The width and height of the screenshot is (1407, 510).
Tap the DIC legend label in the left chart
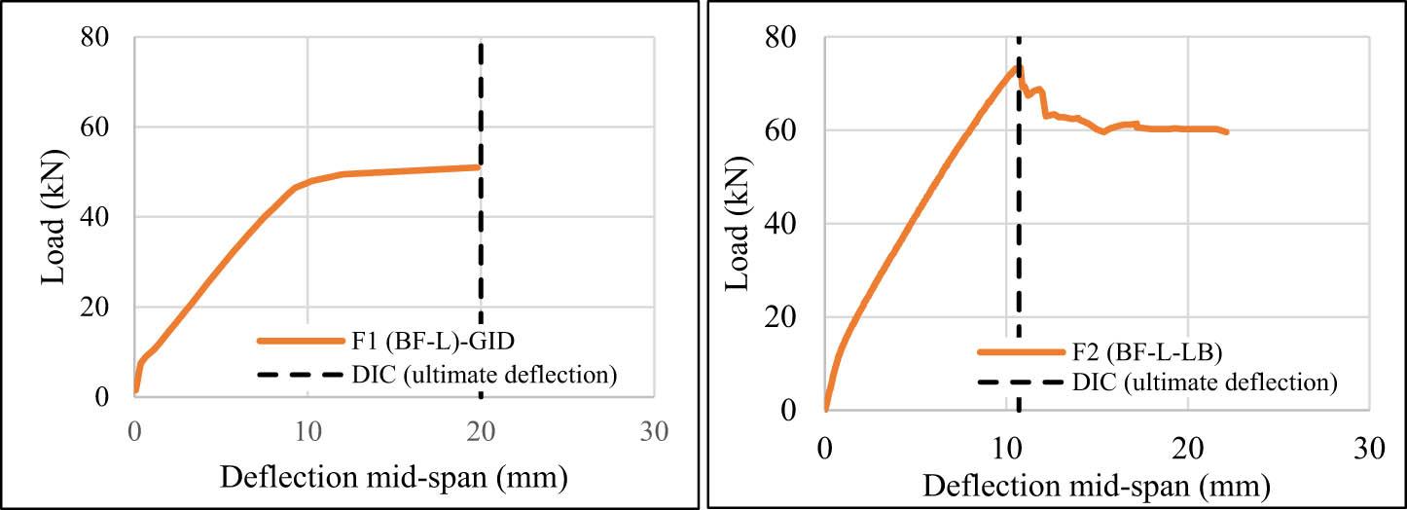[484, 374]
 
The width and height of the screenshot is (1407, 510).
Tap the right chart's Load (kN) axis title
[742, 223]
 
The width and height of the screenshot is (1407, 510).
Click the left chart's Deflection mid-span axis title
[394, 477]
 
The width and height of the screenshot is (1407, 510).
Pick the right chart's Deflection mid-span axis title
[1097, 484]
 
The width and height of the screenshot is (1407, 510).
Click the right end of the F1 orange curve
[480, 167]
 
